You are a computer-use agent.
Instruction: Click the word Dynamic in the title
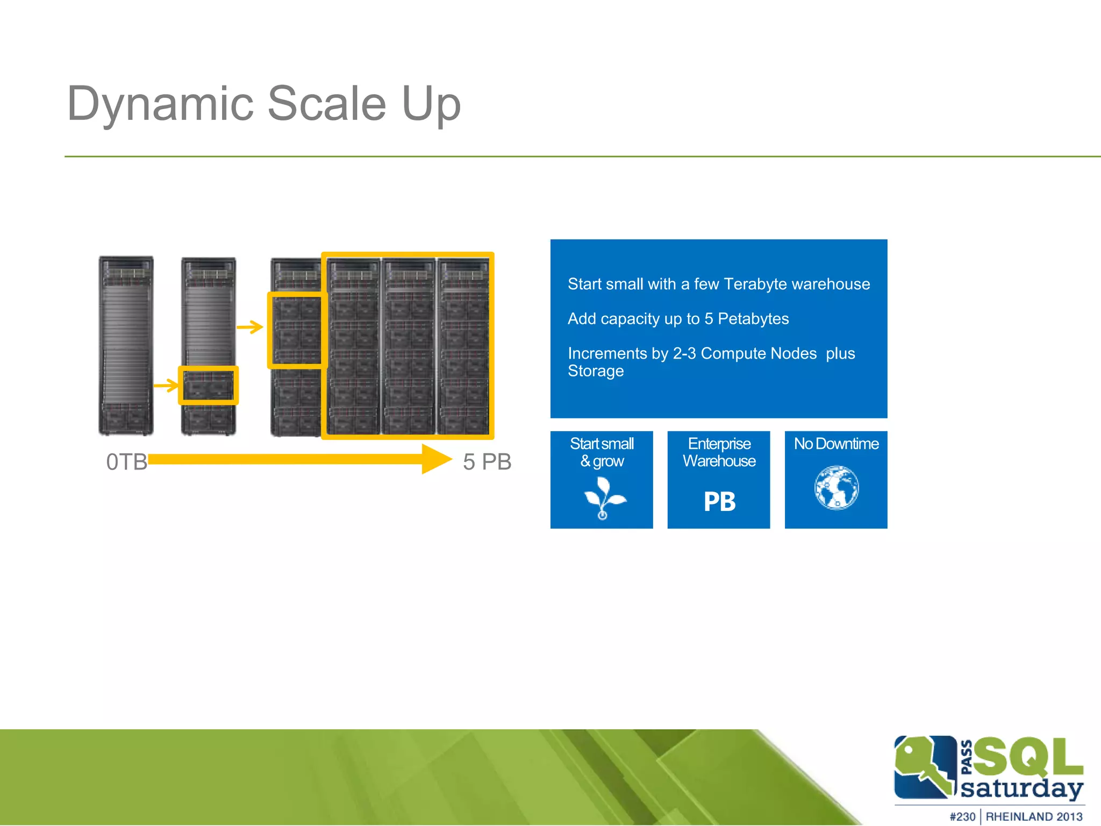point(160,104)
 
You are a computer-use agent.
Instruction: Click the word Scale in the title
point(326,104)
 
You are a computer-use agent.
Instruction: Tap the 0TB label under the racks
point(127,462)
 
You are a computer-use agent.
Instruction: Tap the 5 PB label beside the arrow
point(487,462)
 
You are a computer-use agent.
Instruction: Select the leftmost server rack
point(126,345)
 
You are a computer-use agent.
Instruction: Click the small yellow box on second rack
point(208,386)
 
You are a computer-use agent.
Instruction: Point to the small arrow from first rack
point(166,385)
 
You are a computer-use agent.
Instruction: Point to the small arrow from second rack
point(250,326)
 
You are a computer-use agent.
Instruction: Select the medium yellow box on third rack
point(297,330)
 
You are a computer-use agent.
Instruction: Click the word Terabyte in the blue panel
point(755,284)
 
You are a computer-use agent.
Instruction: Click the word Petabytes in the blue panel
point(753,319)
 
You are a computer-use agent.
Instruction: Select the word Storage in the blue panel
point(596,371)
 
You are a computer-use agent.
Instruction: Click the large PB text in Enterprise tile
point(719,502)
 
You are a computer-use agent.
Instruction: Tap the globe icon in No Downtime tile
point(837,488)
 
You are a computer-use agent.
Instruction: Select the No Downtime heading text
point(837,444)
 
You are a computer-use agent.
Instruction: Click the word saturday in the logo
point(1021,788)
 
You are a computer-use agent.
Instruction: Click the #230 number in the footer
point(962,816)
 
